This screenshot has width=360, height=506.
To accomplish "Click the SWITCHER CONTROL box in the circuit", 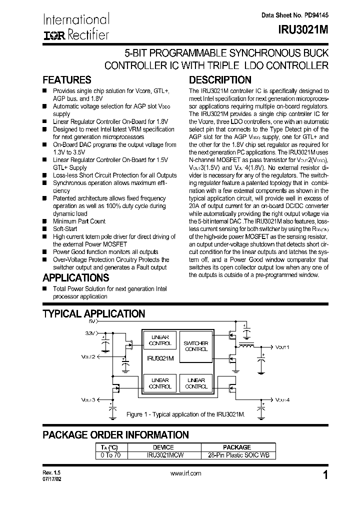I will pos(196,346).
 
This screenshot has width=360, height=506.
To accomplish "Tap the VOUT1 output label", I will pos(282,346).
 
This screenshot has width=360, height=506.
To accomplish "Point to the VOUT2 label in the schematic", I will pos(88,357).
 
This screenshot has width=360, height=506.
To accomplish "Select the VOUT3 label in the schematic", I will pos(88,400).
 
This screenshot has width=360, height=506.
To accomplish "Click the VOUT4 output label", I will pos(282,399).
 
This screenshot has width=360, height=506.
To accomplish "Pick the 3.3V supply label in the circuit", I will pos(89,332).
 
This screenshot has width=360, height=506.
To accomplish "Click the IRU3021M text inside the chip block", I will pos(160,358).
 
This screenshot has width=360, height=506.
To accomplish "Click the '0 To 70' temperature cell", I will pos(111,455).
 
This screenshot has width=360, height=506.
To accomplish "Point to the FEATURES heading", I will pos(67,80).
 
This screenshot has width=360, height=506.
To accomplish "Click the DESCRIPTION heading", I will pos(219,80).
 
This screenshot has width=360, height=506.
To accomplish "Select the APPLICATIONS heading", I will pos(75,278).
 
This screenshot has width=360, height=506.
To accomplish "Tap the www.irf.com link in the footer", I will pos(185,473).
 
